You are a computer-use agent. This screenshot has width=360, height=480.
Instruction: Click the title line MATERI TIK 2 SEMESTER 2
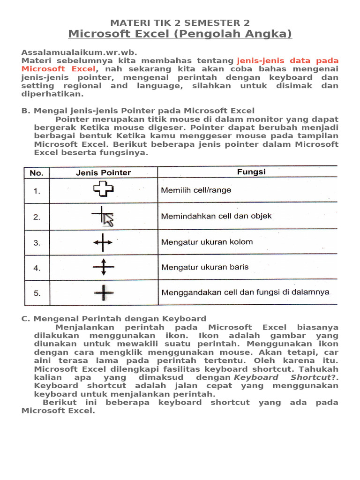180,22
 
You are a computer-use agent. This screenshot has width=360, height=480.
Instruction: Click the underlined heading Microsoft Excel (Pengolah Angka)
180,34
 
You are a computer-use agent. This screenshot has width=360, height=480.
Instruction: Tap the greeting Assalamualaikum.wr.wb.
79,52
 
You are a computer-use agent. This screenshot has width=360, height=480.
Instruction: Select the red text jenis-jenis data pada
287,61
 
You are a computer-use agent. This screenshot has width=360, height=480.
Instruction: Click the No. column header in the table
37,173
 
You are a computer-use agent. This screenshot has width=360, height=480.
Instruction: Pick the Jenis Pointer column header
104,172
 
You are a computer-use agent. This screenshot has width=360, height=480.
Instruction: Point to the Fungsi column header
251,172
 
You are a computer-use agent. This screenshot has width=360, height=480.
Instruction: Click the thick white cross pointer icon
104,190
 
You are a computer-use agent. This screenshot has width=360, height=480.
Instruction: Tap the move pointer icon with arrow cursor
104,217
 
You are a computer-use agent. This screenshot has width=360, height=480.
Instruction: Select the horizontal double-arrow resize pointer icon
103,243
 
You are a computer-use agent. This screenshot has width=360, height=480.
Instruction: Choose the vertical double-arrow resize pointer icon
104,268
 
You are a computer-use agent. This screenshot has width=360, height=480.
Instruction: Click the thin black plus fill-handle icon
104,293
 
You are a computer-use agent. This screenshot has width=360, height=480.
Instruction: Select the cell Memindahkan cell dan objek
216,217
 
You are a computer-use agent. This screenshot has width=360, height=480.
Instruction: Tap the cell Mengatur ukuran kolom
207,242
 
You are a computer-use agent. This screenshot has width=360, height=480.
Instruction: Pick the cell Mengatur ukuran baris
205,268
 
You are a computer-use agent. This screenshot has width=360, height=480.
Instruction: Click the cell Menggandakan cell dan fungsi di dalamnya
245,292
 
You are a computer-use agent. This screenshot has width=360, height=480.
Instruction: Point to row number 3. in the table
37,243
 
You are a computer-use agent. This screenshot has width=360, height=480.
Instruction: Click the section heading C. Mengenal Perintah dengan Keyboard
114,319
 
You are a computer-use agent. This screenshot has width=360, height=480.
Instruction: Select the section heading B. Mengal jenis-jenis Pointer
138,111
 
